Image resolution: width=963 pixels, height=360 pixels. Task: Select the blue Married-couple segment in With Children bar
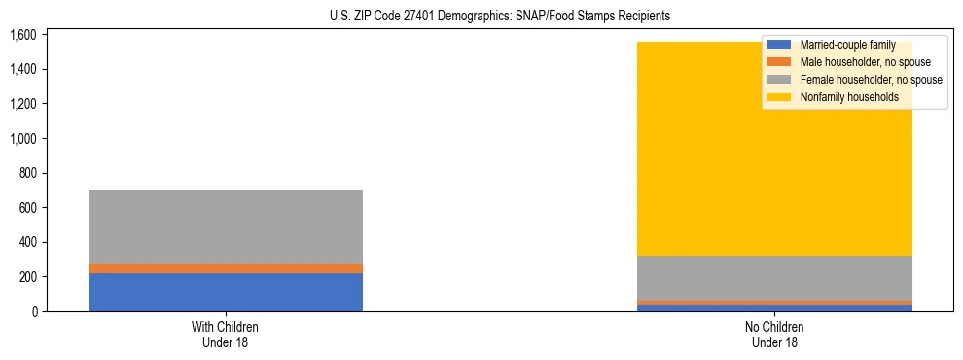click(226, 292)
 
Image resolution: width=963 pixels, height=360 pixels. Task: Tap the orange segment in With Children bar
click(226, 269)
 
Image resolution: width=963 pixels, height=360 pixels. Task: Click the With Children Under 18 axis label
click(226, 334)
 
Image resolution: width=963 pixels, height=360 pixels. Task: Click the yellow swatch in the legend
click(779, 97)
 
